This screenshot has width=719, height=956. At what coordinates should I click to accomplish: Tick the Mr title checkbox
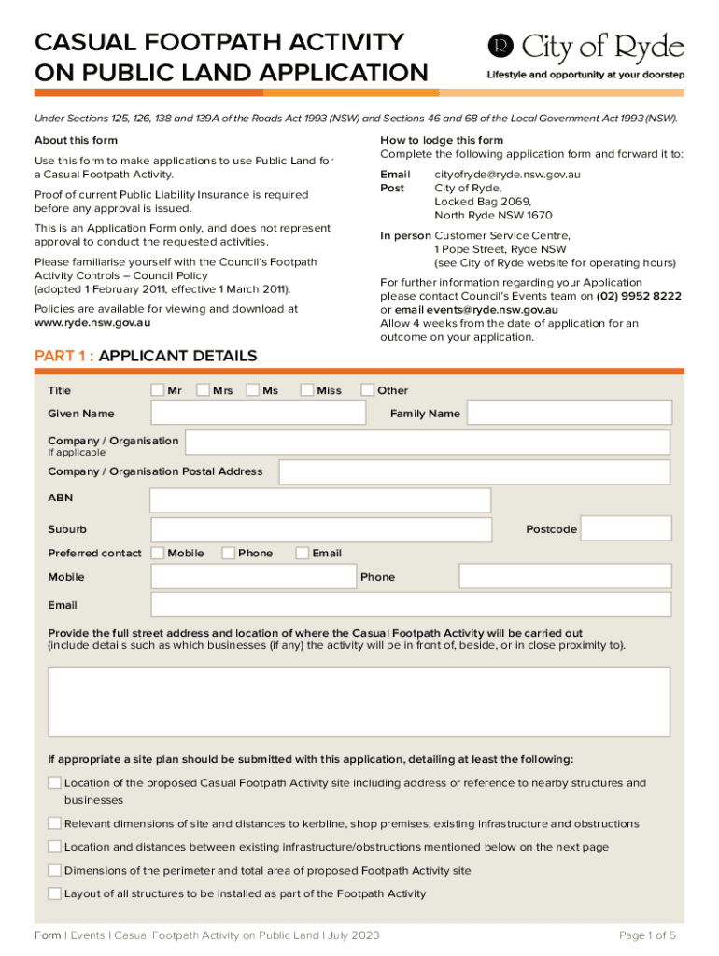158,390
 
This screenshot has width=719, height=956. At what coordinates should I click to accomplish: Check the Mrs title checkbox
204,390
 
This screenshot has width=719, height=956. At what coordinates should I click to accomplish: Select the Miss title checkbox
307,390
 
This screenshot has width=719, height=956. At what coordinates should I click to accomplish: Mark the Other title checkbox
368,390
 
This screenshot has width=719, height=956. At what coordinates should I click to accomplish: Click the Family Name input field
569,413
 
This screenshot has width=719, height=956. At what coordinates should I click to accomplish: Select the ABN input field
319,500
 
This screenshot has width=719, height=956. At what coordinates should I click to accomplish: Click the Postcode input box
626,529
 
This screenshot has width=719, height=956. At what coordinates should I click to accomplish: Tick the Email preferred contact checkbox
302,554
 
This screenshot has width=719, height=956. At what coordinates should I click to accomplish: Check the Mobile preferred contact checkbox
158,554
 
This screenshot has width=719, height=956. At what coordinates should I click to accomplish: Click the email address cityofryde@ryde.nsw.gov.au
508,175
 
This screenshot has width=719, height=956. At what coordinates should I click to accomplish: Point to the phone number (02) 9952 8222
639,296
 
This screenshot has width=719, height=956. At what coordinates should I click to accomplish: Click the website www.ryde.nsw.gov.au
92,323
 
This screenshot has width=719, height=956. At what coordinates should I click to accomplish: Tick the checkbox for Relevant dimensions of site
55,823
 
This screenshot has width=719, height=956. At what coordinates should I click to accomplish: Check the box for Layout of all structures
55,893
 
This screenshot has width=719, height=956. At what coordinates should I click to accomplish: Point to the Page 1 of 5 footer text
647,935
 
